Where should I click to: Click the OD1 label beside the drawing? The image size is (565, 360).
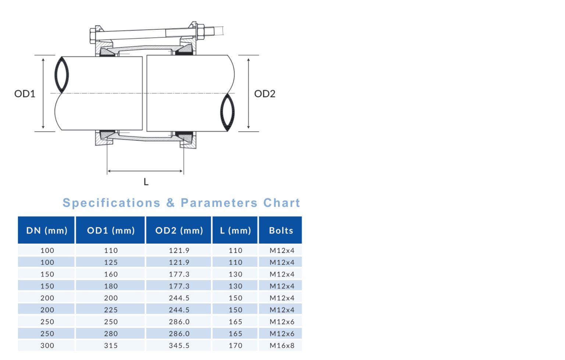25,94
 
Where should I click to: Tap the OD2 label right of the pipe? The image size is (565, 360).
264,94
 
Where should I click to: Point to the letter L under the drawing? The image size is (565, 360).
146,182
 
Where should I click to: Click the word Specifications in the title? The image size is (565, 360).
111,203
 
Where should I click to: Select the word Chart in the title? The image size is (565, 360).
281,203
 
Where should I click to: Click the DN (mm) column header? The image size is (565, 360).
47,231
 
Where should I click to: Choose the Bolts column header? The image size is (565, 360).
281,231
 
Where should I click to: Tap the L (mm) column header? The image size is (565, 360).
235,231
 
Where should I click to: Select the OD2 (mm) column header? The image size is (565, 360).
179,231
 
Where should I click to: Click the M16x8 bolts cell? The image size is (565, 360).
282,346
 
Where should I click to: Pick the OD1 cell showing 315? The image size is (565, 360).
111,346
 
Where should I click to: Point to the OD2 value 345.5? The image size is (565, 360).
179,346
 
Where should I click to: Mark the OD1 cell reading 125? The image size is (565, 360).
111,263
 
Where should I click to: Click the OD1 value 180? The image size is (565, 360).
111,286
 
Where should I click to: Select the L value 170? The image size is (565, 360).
235,346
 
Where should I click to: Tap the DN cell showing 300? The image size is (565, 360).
47,346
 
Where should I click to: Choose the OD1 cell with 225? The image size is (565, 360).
111,310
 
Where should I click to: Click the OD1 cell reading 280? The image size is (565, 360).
111,334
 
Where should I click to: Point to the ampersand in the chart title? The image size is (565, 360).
170,203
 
